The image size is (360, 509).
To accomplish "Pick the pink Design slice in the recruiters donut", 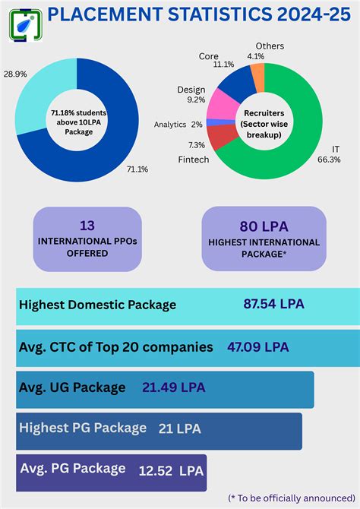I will (x=223, y=105).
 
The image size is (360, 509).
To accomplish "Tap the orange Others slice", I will (x=258, y=77).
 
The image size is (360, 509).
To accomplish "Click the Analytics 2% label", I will (x=178, y=125).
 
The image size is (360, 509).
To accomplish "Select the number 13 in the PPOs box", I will (x=87, y=225).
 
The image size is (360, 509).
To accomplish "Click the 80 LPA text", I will (x=263, y=225).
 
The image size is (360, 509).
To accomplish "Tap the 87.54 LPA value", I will (x=273, y=304).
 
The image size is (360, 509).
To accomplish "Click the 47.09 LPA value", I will (x=258, y=347).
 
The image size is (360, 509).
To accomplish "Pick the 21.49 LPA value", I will (x=173, y=387).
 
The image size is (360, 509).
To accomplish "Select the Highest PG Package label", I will (x=82, y=428).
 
